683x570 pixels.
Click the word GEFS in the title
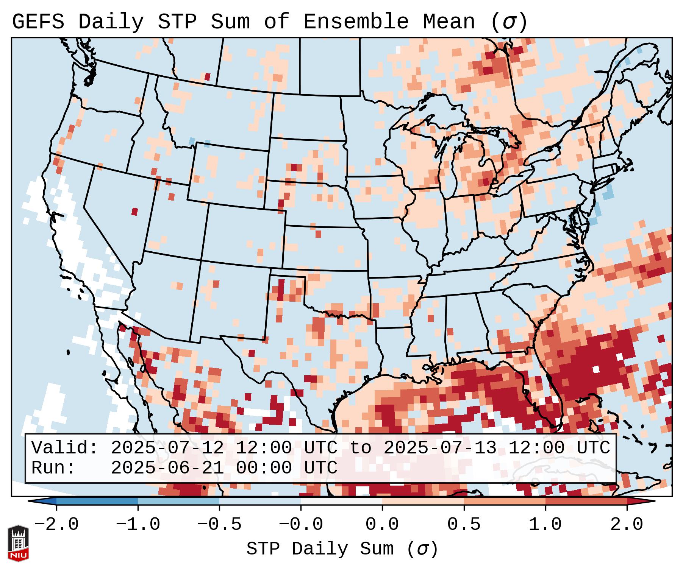tap(38, 22)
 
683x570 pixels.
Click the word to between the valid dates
tap(360, 448)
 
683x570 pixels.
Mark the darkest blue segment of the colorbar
tap(97, 501)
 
